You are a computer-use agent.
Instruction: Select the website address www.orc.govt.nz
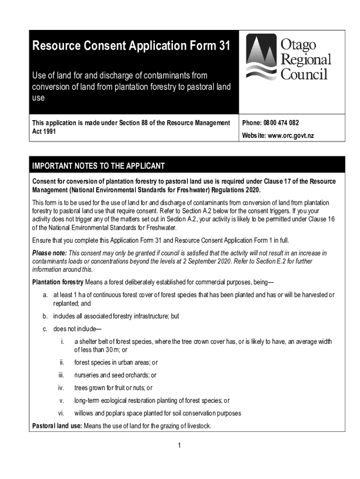tap(287, 136)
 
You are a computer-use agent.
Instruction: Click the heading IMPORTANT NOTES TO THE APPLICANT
tap(98, 166)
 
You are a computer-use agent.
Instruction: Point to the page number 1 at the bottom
tap(179, 445)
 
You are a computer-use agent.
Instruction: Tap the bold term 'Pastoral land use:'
tap(57, 426)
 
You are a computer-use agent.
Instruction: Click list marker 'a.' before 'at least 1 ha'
tap(45, 295)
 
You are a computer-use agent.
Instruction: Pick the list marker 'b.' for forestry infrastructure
tap(45, 316)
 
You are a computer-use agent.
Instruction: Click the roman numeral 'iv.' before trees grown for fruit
tap(61, 388)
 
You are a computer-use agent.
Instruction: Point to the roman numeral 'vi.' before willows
tap(61, 413)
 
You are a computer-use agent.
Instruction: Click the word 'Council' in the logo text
tap(304, 74)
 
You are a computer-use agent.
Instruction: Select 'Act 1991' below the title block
tap(44, 131)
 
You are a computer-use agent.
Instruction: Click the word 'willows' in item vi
tap(85, 413)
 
